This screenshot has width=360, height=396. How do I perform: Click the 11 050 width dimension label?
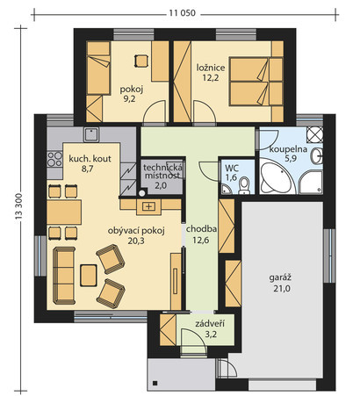[182, 13]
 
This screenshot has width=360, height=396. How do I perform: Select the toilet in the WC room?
[244, 186]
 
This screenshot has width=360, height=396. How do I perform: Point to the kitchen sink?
[92, 134]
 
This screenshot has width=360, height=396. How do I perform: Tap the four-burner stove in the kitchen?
[54, 159]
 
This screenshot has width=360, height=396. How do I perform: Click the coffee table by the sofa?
[89, 275]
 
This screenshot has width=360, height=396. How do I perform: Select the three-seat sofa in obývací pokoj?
[64, 276]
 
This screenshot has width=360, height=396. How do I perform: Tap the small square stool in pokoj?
[141, 61]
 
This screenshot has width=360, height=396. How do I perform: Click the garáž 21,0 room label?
[282, 283]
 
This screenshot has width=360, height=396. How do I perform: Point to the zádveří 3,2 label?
[210, 328]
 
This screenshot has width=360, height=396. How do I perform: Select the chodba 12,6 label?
[201, 234]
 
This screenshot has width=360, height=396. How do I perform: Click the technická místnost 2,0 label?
[162, 176]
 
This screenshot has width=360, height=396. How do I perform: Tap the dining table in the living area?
[64, 212]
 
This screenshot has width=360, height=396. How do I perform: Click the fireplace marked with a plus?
[148, 207]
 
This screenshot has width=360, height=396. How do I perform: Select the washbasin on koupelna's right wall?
[317, 156]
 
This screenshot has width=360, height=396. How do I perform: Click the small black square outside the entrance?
[155, 383]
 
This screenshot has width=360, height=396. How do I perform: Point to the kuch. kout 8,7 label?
[90, 163]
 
